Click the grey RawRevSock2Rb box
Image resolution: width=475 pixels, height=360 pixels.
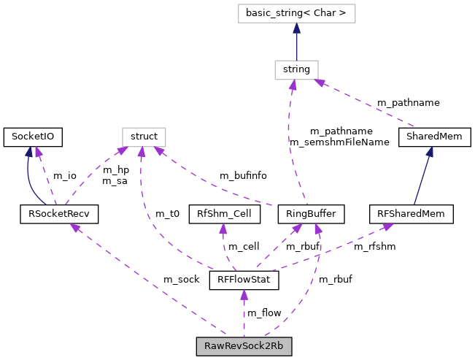click(244, 346)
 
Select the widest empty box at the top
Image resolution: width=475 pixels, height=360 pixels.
click(296, 13)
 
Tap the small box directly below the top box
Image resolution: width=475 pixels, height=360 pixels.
click(296, 70)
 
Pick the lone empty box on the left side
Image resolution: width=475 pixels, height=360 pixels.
click(144, 137)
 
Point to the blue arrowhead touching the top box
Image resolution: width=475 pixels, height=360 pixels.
click(296, 28)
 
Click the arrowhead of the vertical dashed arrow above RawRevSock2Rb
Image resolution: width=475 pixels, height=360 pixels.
click(244, 295)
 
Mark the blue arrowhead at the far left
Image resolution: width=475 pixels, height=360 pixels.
click(29, 152)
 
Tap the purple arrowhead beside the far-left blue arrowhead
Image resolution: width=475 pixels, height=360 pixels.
click(39, 153)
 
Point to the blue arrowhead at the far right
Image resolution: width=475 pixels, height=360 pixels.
click(430, 152)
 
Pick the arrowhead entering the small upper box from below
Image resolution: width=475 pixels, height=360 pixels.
click(293, 85)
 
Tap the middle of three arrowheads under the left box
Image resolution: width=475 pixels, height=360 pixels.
click(141, 153)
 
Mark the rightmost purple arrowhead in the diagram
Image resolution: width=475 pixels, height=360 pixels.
click(388, 227)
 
